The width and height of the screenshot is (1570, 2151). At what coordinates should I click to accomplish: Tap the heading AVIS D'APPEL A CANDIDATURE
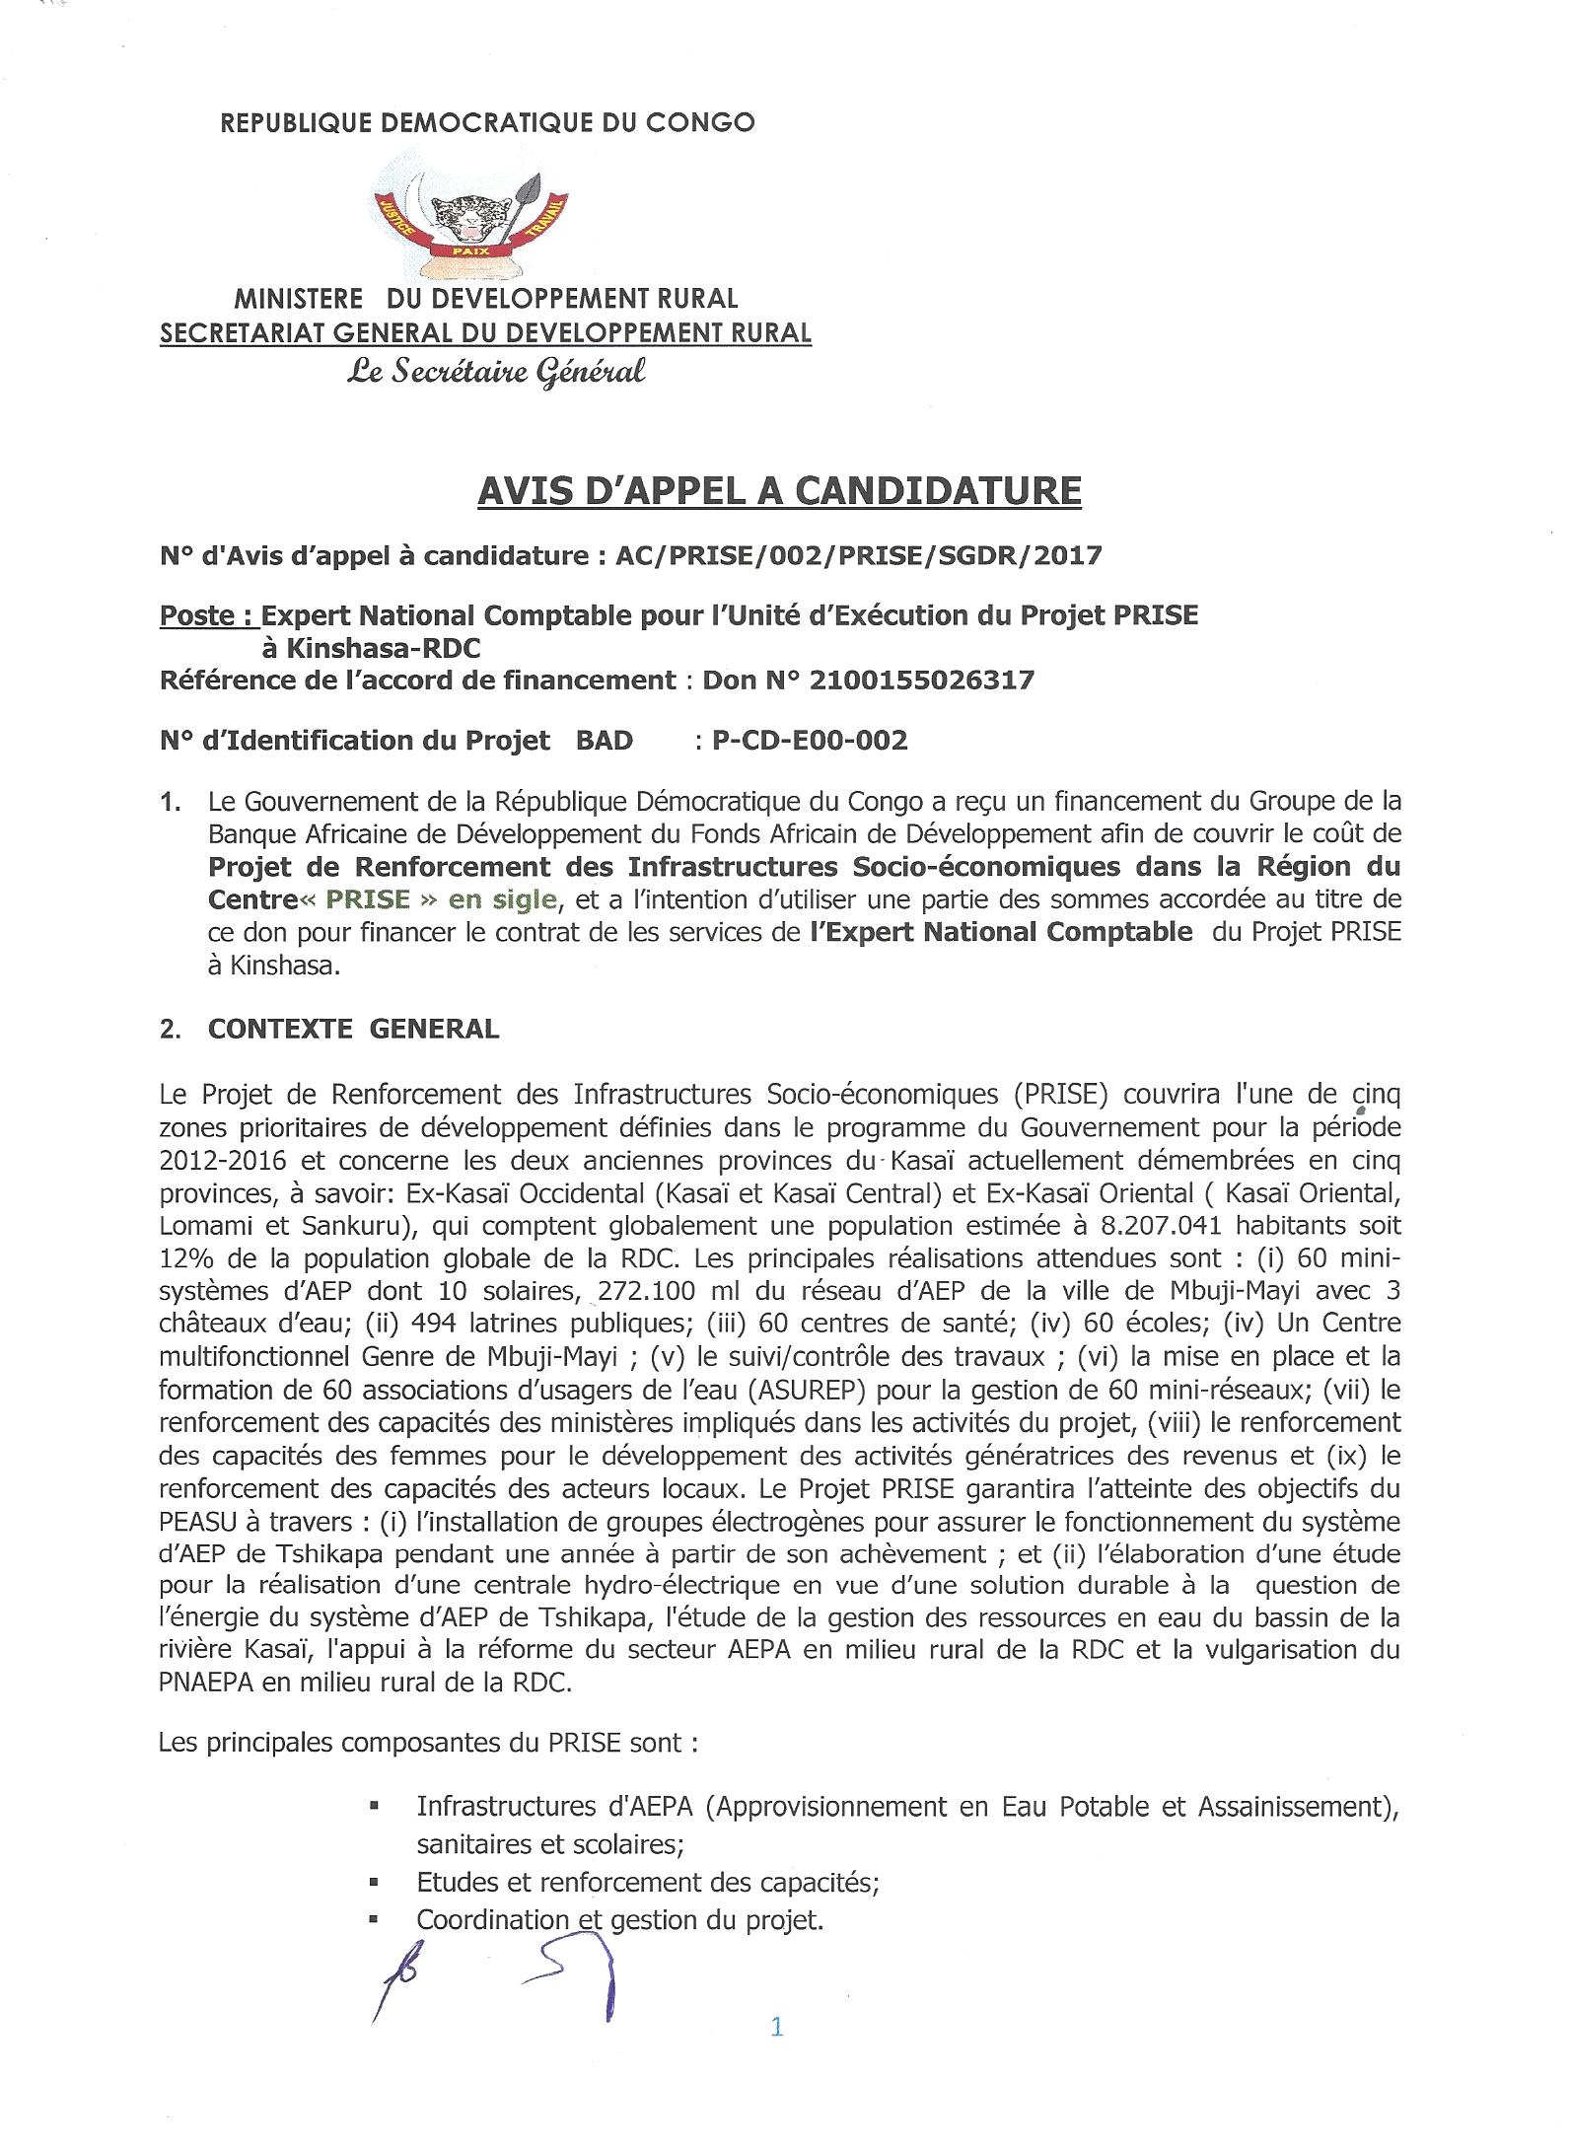coord(779,490)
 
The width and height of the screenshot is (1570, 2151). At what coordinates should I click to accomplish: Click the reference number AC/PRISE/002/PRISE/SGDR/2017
coord(858,556)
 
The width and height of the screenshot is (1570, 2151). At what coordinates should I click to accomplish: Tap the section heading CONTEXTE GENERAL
coord(353,1029)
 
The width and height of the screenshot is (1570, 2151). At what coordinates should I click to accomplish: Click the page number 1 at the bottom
coord(776,2027)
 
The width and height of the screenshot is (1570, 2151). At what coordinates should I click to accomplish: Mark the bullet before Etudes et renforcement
coord(375,1882)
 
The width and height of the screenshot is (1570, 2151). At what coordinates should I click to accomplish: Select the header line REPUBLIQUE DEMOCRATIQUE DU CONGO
coord(487,122)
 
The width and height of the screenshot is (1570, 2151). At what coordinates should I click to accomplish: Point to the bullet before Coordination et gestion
coord(375,1919)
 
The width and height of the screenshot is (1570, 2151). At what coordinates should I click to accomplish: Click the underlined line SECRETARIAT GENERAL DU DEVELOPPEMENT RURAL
coord(486,333)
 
